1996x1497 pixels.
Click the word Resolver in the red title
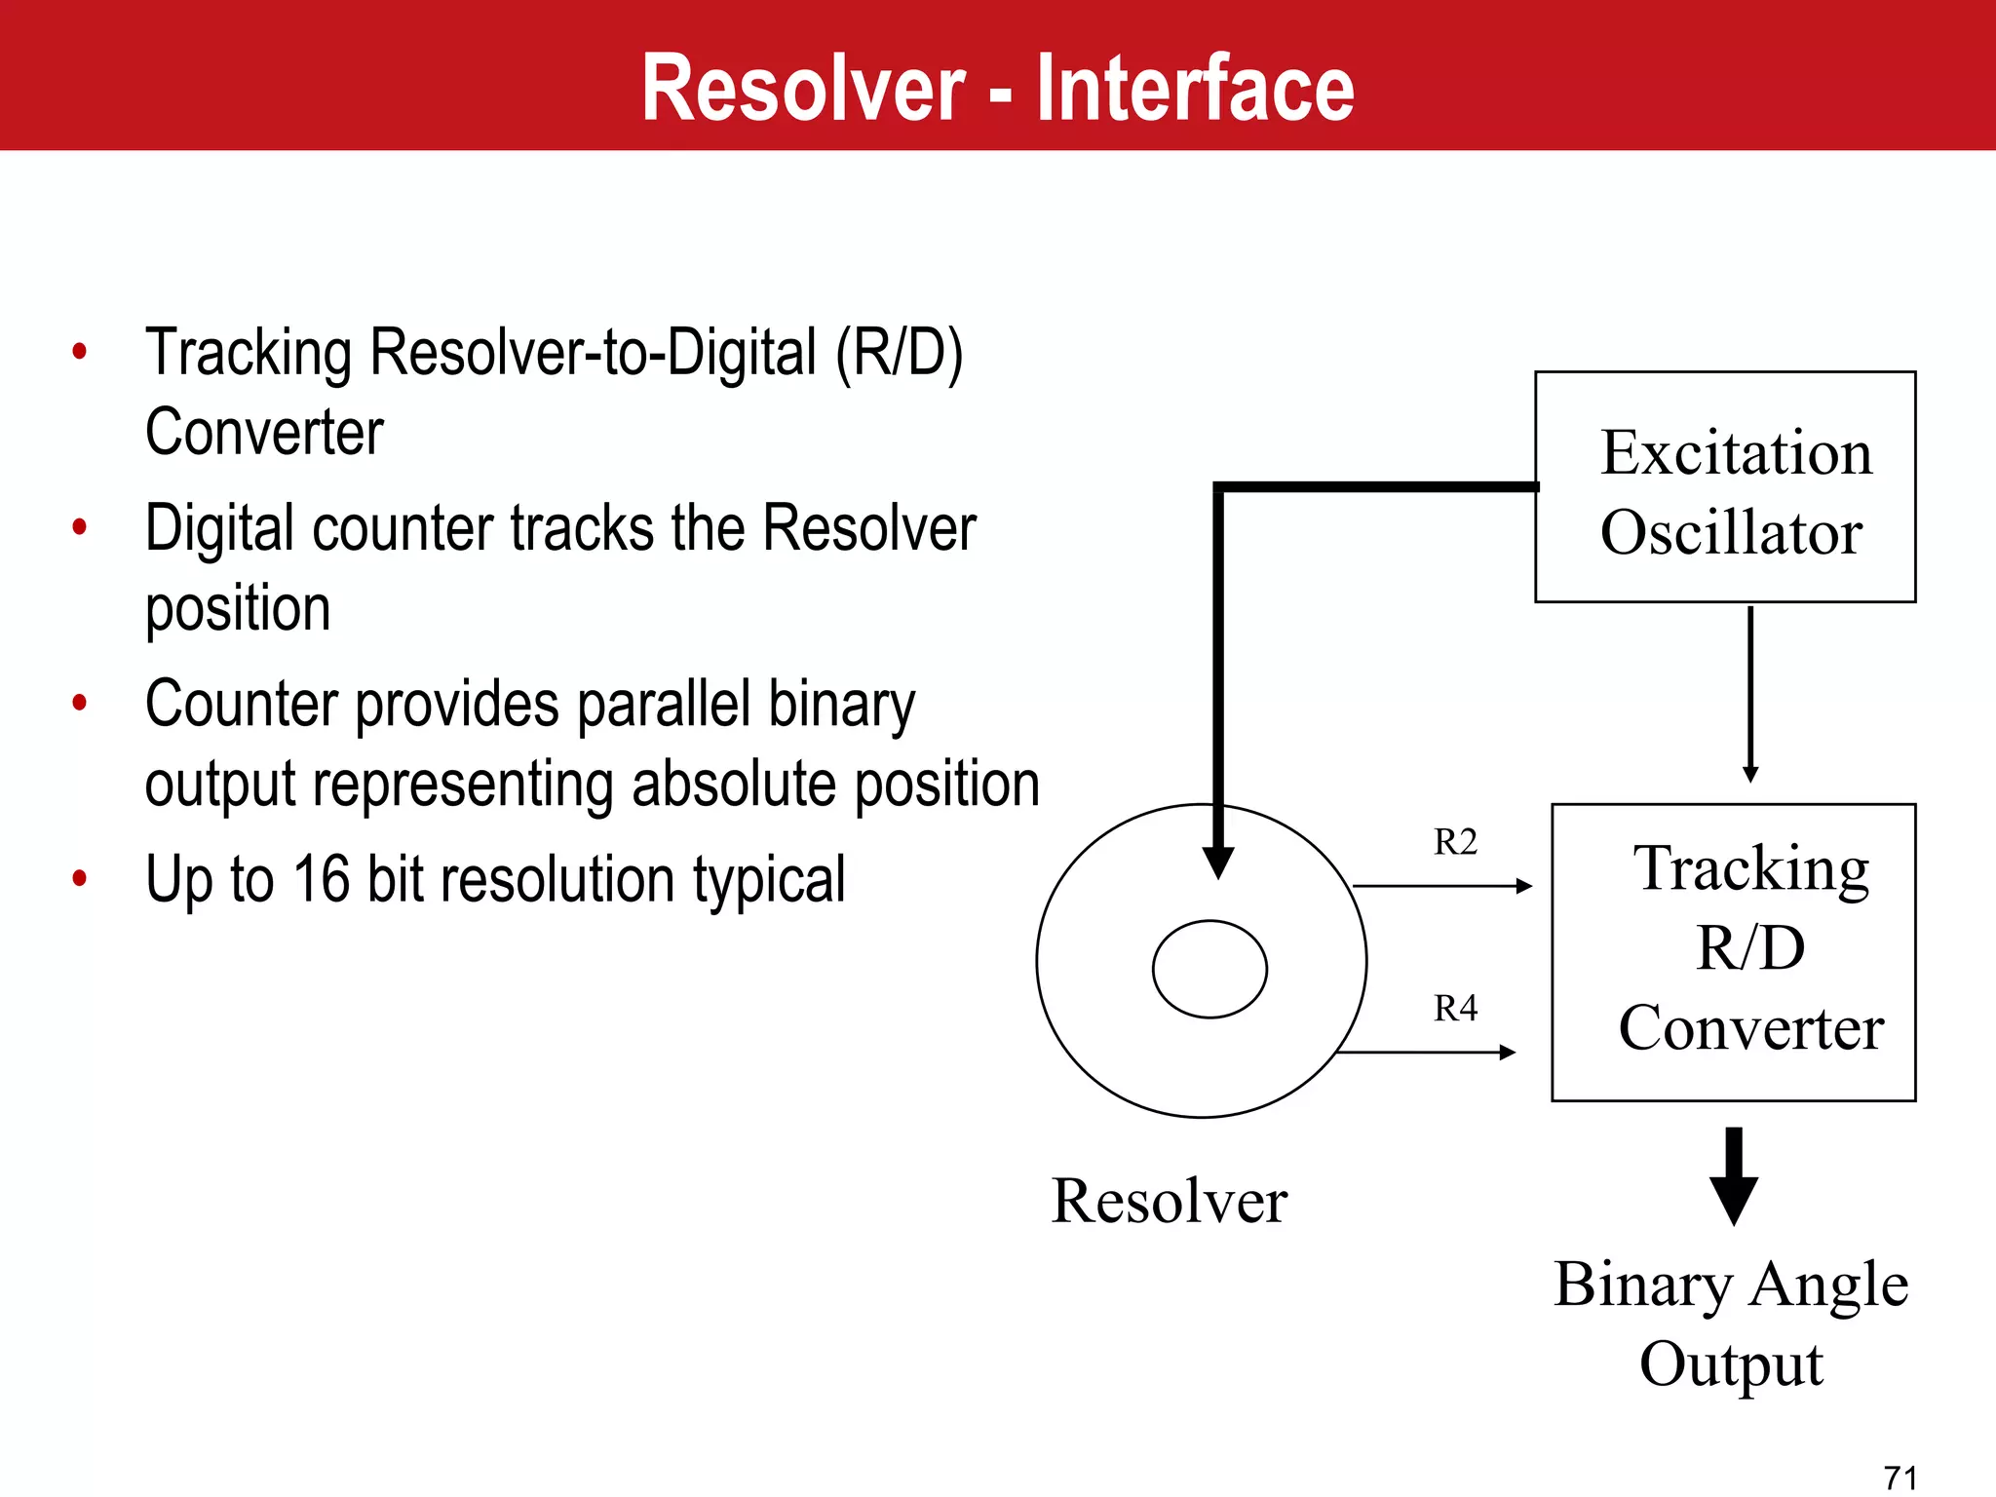pyautogui.click(x=803, y=89)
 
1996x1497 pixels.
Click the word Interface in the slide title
pyautogui.click(x=1195, y=89)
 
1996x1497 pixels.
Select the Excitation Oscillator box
pyautogui.click(x=1725, y=487)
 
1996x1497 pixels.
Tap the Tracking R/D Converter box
pyautogui.click(x=1733, y=951)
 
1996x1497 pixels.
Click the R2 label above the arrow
pyautogui.click(x=1455, y=842)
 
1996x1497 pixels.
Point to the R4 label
pyautogui.click(x=1455, y=1008)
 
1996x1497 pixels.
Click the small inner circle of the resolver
pyautogui.click(x=1209, y=969)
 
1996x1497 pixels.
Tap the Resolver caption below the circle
pyautogui.click(x=1170, y=1201)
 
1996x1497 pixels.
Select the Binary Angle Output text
pyautogui.click(x=1731, y=1323)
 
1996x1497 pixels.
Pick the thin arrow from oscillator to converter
pyautogui.click(x=1750, y=692)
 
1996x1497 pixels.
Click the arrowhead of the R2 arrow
pyautogui.click(x=1525, y=886)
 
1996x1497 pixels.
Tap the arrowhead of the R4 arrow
pyautogui.click(x=1508, y=1053)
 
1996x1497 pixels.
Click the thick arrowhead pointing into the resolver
pyautogui.click(x=1218, y=863)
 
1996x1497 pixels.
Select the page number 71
pyautogui.click(x=1900, y=1478)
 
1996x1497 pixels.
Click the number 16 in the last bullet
pyautogui.click(x=321, y=879)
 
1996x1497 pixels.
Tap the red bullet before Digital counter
pyautogui.click(x=80, y=527)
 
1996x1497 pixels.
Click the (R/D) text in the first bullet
pyautogui.click(x=899, y=352)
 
